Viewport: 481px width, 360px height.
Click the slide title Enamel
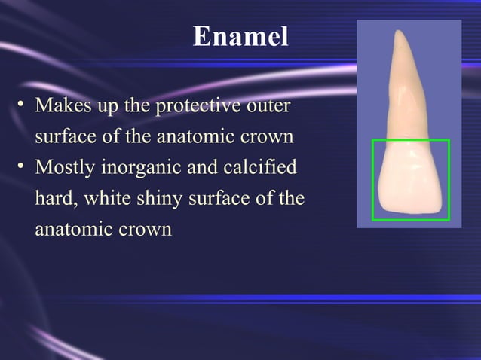pyautogui.click(x=240, y=36)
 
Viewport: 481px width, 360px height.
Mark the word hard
pyautogui.click(x=55, y=199)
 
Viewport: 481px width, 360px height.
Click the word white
pyautogui.click(x=106, y=199)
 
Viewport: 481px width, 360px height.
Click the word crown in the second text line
pyautogui.click(x=266, y=138)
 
